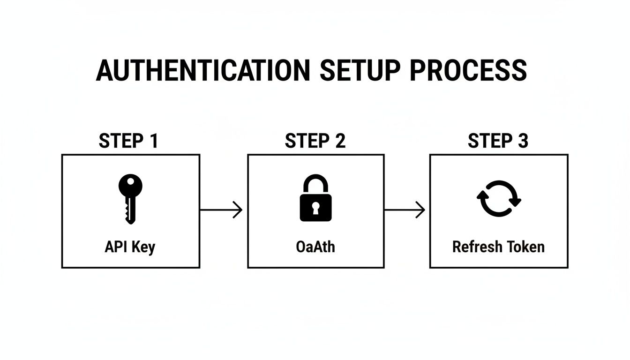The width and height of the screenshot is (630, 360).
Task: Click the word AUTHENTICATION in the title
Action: click(x=202, y=71)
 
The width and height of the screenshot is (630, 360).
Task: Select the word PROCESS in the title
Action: click(x=468, y=71)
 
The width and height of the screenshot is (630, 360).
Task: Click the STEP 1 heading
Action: click(x=128, y=141)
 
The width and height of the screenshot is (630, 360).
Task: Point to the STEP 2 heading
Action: click(x=315, y=141)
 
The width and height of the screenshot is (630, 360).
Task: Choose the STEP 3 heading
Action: click(x=498, y=141)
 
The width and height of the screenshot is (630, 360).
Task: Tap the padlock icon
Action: click(x=315, y=198)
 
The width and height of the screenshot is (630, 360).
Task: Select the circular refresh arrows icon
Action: click(x=499, y=198)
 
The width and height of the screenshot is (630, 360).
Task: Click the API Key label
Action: click(x=130, y=247)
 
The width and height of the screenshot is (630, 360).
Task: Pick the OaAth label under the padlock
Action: click(x=315, y=247)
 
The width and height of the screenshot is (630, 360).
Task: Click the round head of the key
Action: click(x=130, y=184)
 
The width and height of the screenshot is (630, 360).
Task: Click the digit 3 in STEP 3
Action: click(x=523, y=141)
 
